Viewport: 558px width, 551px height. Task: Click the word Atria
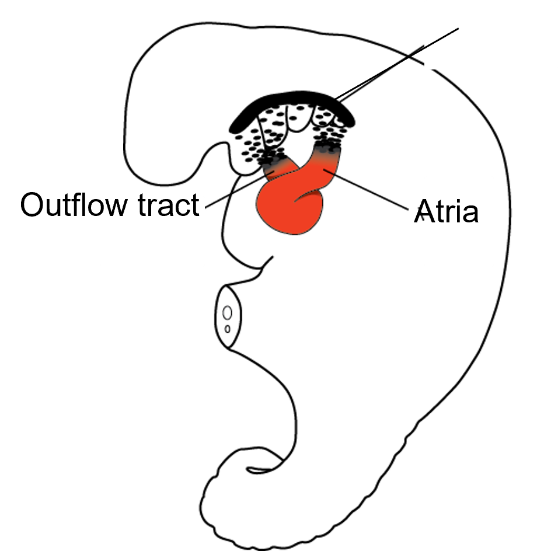[x=449, y=212]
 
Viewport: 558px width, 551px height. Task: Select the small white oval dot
[x=227, y=313]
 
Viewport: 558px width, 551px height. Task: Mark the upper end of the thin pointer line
[x=458, y=29]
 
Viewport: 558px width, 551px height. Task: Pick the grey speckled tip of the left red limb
[x=274, y=166]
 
